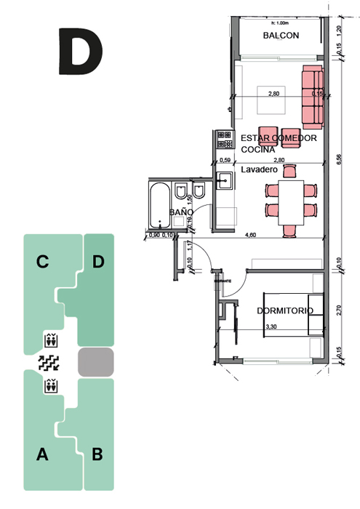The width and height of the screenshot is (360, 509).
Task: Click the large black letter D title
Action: pos(80,51)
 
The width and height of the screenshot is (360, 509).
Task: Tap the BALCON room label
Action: pos(281,35)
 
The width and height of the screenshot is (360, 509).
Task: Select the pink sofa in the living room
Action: pos(312,95)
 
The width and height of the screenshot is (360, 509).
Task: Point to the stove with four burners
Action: pos(223,140)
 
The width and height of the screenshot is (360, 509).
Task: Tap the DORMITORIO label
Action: pos(284,310)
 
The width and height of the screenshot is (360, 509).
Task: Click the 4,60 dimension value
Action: pos(251,235)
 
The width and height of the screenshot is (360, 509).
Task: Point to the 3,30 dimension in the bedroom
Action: pos(271,327)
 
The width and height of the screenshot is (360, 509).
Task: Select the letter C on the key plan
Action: pos(43,262)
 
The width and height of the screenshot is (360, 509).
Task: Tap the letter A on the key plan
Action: pos(42,455)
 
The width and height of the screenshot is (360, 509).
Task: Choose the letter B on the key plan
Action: pos(97,455)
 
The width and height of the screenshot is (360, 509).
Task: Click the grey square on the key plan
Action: pos(96,362)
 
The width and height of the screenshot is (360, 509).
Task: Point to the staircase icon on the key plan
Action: pos(50,361)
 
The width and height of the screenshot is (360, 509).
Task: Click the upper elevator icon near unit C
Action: pos(51,339)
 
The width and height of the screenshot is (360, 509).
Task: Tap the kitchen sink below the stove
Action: pos(225,180)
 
